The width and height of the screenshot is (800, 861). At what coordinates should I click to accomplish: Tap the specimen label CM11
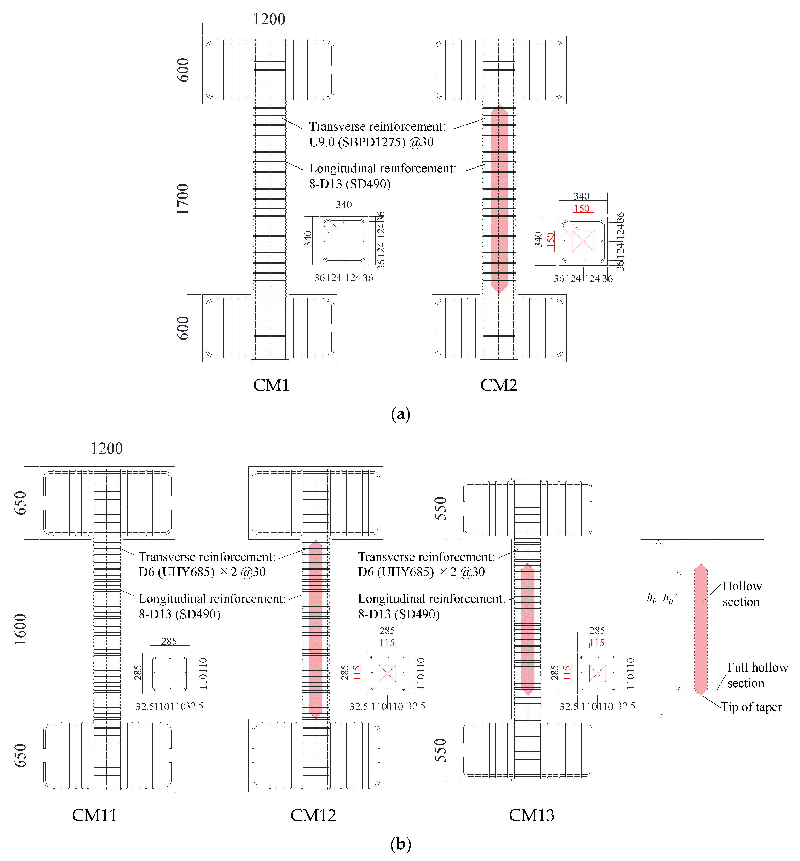[94, 815]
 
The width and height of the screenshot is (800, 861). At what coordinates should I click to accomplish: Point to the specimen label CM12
[313, 815]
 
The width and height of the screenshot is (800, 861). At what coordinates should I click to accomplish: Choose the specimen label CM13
[532, 815]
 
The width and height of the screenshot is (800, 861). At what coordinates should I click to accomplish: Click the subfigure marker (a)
[400, 414]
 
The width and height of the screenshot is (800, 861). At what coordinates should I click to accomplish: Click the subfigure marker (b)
[400, 844]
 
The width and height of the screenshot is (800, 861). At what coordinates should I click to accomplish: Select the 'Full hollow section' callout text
[757, 675]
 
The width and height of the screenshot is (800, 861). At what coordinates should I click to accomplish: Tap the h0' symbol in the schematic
[669, 599]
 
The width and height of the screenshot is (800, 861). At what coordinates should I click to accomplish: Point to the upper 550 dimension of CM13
[440, 508]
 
